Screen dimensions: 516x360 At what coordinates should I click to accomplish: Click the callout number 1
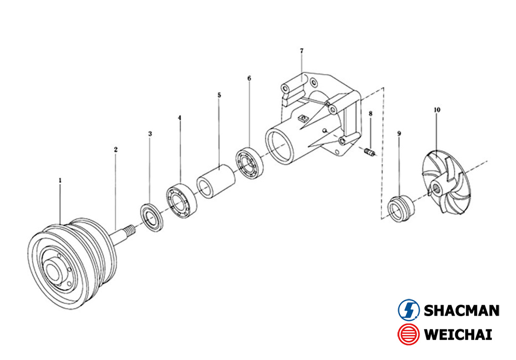pos(60,180)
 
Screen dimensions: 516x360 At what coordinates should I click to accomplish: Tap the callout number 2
pos(116,150)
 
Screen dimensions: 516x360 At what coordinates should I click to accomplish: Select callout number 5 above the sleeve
pos(219,96)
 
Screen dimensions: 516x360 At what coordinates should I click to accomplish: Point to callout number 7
pos(302,51)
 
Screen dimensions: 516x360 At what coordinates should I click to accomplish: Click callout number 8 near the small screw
pos(370,114)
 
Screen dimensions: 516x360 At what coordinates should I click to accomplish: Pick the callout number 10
pos(437,109)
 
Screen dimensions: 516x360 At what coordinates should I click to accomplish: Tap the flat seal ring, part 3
pos(152,217)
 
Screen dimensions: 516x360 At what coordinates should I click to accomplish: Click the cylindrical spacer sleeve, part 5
pos(216,181)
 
